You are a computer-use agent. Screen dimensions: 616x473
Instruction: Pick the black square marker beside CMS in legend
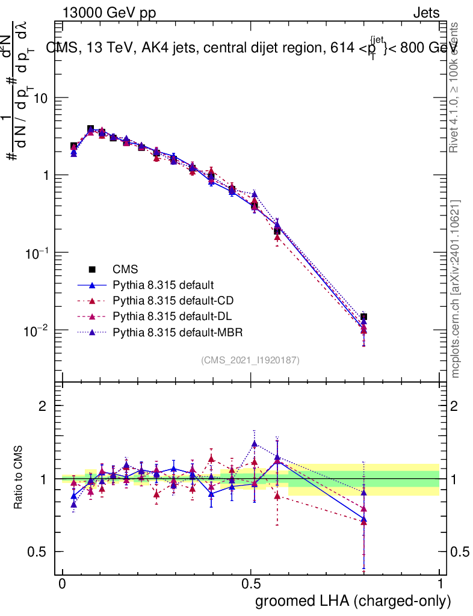click(92, 268)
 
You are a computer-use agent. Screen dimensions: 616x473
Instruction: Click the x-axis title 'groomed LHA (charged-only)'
click(354, 601)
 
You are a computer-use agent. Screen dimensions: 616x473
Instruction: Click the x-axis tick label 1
click(440, 585)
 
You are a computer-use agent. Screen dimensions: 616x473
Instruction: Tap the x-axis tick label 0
click(63, 585)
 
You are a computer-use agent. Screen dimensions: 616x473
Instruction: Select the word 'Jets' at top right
click(426, 12)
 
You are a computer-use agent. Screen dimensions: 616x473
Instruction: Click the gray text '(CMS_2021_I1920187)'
click(250, 360)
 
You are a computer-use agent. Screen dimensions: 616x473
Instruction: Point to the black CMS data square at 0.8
click(363, 317)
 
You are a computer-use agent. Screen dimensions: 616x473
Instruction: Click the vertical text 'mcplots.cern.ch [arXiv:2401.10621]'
click(456, 289)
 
